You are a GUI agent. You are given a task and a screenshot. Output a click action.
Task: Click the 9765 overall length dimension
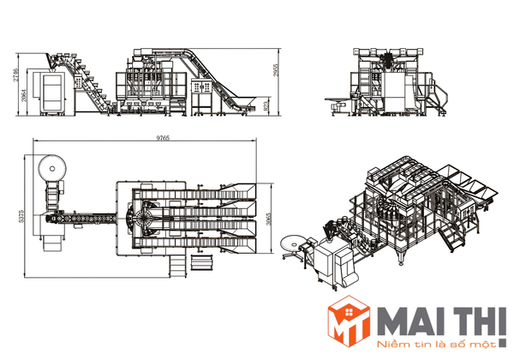163,138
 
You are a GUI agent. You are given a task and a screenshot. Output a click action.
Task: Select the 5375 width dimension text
21,216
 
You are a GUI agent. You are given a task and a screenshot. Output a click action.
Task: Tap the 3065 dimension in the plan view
269,219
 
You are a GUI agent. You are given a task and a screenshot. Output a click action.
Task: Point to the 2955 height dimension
276,69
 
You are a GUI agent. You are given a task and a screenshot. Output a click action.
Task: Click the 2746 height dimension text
16,75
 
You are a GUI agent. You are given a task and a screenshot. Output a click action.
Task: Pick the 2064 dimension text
24,94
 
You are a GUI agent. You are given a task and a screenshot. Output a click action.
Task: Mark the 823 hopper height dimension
266,105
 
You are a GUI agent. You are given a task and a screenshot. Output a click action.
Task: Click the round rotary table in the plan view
52,169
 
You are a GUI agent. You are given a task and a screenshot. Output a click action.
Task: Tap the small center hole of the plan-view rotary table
52,169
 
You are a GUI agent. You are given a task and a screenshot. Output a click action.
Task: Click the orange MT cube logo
350,321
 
